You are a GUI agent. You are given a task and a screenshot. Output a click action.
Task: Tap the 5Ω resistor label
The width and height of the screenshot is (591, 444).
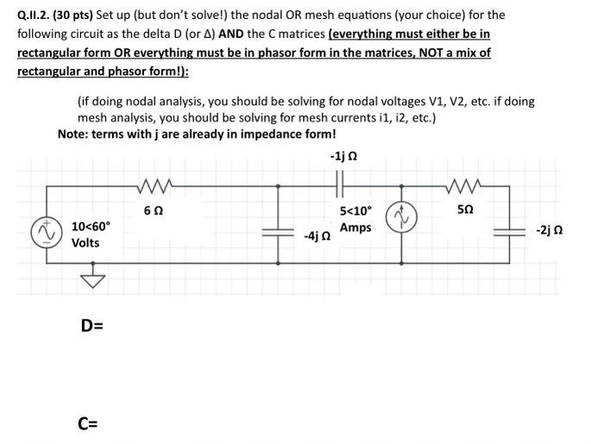pyautogui.click(x=465, y=209)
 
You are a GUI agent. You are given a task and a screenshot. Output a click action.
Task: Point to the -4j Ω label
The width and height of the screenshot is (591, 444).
pyautogui.click(x=315, y=235)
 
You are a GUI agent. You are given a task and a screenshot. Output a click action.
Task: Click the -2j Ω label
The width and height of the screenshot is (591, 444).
pyautogui.click(x=550, y=230)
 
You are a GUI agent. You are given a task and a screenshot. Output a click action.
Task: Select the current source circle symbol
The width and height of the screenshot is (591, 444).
pyautogui.click(x=401, y=217)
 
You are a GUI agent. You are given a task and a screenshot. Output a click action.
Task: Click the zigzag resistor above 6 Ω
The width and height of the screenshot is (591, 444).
pyautogui.click(x=154, y=183)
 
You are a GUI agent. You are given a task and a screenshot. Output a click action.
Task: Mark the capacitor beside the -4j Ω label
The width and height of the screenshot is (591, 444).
pyautogui.click(x=278, y=232)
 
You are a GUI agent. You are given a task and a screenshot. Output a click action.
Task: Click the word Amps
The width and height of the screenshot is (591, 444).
pyautogui.click(x=355, y=228)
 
